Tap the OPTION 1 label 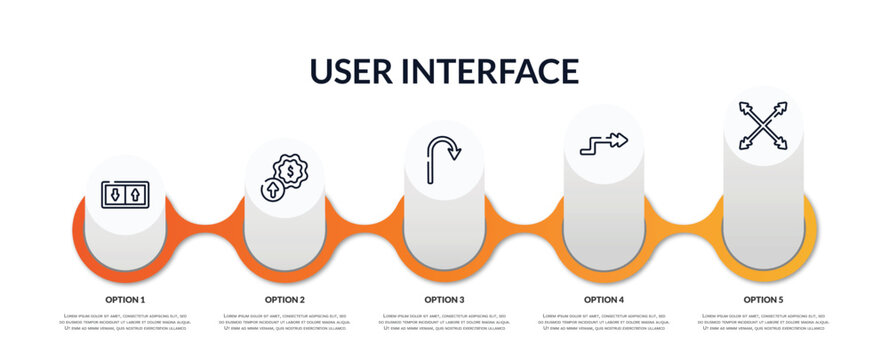(x=125, y=299)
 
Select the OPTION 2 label (x=285, y=299)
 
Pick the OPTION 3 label (x=444, y=299)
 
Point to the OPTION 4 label (x=604, y=299)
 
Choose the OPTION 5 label (x=763, y=299)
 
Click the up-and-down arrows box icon (x=125, y=194)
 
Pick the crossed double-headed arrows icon (x=763, y=125)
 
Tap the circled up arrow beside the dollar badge (x=272, y=190)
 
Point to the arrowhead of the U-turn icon (x=455, y=154)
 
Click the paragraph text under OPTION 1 (x=125, y=322)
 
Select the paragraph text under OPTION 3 (x=444, y=322)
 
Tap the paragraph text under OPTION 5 (x=763, y=322)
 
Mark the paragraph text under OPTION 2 (x=285, y=322)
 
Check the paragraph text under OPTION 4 (x=604, y=322)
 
